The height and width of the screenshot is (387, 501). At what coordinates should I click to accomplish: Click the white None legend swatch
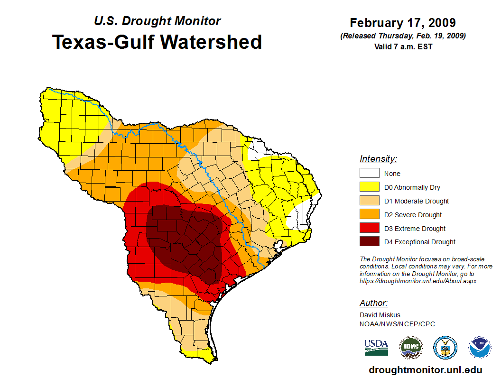(x=370, y=173)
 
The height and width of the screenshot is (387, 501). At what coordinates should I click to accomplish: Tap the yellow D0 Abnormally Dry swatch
(x=370, y=187)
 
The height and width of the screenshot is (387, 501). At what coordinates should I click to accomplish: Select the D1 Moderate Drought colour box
(x=370, y=201)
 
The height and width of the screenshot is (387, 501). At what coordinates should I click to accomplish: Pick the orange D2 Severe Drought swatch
(x=370, y=214)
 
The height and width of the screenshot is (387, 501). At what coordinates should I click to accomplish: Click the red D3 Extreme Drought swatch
(x=370, y=228)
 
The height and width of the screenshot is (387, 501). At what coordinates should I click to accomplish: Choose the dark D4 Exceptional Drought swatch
(x=370, y=242)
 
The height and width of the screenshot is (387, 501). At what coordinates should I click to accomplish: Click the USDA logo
(x=376, y=347)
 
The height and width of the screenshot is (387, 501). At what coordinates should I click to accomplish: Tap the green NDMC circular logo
(x=410, y=348)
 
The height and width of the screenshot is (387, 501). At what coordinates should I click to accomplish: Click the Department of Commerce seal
(x=445, y=348)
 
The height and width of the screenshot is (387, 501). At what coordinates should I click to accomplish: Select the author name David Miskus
(x=380, y=315)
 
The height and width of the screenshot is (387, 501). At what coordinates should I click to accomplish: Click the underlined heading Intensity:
(x=378, y=159)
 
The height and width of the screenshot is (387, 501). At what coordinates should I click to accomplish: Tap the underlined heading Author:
(x=374, y=303)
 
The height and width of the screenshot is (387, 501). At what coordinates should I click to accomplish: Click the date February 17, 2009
(x=403, y=23)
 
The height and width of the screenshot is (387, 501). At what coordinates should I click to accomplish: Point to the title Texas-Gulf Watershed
(x=157, y=42)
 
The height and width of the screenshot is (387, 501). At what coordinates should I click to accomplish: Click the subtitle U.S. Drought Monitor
(x=157, y=21)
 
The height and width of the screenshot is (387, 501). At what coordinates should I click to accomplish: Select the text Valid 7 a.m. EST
(x=403, y=46)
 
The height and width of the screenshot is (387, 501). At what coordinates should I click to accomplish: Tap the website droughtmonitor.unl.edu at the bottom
(x=425, y=370)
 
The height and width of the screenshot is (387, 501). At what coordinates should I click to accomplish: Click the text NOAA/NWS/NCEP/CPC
(x=397, y=324)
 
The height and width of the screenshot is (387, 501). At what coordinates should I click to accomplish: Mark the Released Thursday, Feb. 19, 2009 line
(x=403, y=36)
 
